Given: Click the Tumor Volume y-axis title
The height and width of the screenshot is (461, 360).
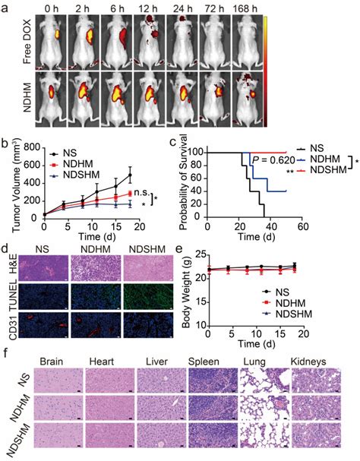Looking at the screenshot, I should point(14,179).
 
